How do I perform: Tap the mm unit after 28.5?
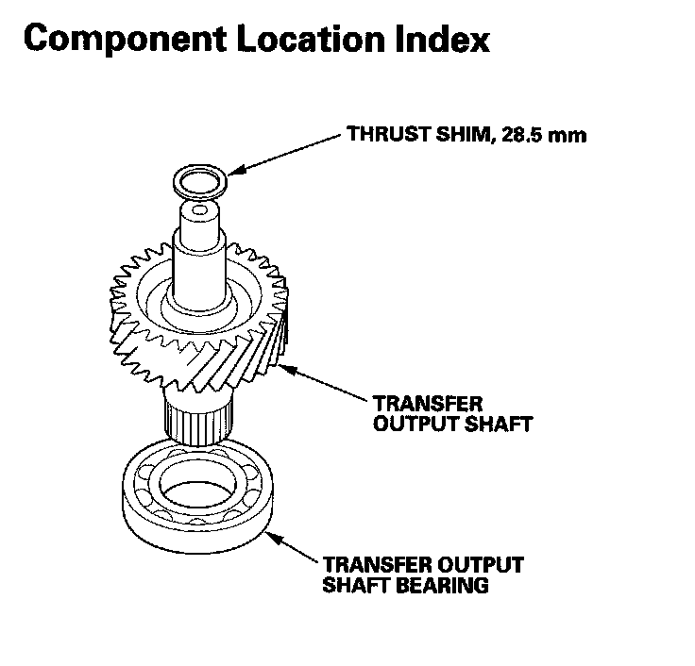coord(571,135)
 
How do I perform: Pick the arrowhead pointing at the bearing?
coord(269,536)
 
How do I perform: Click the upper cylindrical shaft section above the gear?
coord(200,255)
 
